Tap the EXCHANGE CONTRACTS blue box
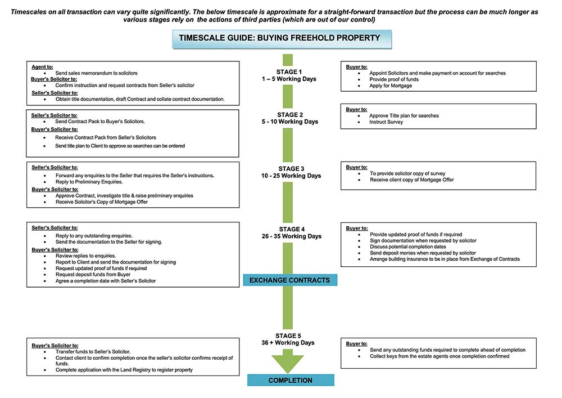(x=289, y=280)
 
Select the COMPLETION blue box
(x=290, y=381)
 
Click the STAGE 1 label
(x=289, y=72)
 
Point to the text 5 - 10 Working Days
(x=289, y=122)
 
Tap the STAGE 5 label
(x=289, y=336)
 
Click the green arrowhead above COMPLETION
(x=288, y=363)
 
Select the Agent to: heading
(x=42, y=67)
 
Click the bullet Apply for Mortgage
(x=391, y=86)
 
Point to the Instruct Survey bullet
(x=386, y=122)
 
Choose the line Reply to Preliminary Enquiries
(x=89, y=182)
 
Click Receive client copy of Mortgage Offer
(x=411, y=180)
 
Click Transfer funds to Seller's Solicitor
(x=93, y=351)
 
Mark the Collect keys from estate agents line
(x=439, y=356)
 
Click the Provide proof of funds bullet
(x=394, y=79)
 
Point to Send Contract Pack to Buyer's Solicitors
(x=99, y=122)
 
